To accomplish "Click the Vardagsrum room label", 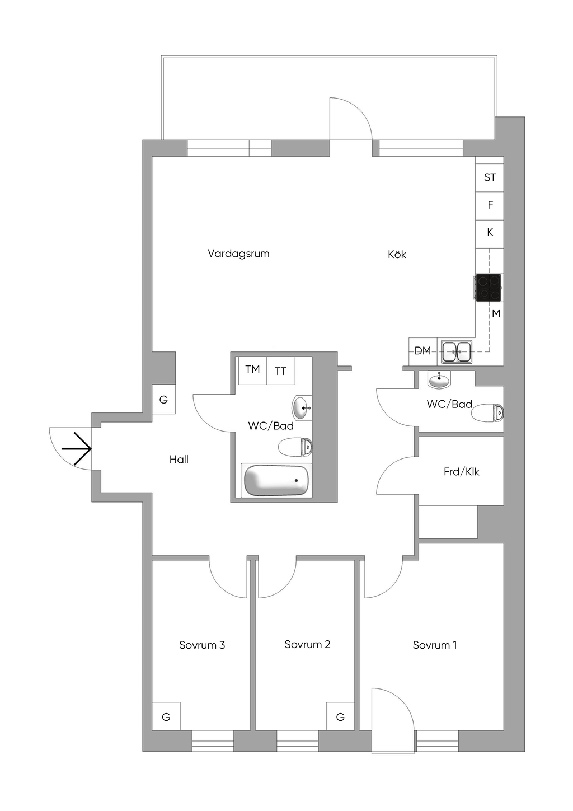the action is [238, 254].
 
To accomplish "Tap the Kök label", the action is [397, 254].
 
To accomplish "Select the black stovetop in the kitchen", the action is [489, 288].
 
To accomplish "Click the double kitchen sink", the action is [456, 351].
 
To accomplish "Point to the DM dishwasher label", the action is [422, 350].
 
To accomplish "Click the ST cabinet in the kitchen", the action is [490, 178].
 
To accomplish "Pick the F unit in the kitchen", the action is [490, 205].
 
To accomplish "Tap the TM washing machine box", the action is [253, 371].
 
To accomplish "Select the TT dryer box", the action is [281, 371].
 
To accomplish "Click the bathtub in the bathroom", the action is [278, 480].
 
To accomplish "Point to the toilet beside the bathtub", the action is [295, 447].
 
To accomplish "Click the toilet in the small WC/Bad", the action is [488, 412].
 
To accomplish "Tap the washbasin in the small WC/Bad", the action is [440, 379].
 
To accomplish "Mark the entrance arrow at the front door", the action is [76, 449].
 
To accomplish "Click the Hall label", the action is [179, 460].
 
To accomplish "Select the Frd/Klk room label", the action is [462, 472].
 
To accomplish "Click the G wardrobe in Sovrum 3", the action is [166, 716].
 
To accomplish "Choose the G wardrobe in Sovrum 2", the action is [340, 716].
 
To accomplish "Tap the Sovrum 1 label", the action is [435, 645].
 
